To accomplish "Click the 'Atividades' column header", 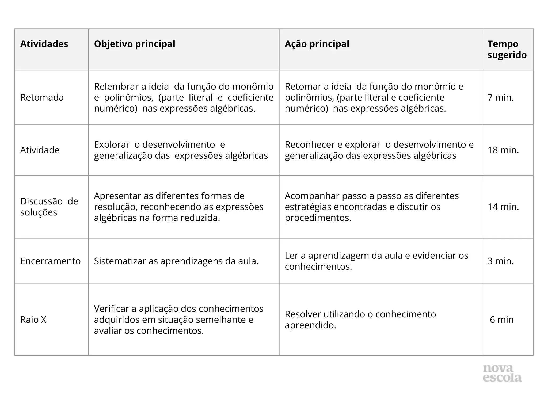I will pos(44,44).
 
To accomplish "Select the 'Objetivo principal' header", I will pos(135,44).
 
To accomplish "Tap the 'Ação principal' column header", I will pos(317,44).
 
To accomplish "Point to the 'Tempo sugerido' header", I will pos(507,49).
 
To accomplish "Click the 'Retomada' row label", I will pos(42,97).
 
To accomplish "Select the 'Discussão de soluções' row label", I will pos(49,207).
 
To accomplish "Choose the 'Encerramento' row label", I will pos(50,261).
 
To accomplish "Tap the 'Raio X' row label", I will pos(33,319).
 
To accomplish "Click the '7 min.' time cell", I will pos(500,97).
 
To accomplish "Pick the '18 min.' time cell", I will pos(503,150).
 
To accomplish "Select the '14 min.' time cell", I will pos(503,207).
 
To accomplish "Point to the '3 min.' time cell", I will pos(500,261).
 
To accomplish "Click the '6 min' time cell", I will pos(501,319).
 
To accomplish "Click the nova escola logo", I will pos(502,373).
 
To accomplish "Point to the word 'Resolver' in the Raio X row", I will pos(303,314).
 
